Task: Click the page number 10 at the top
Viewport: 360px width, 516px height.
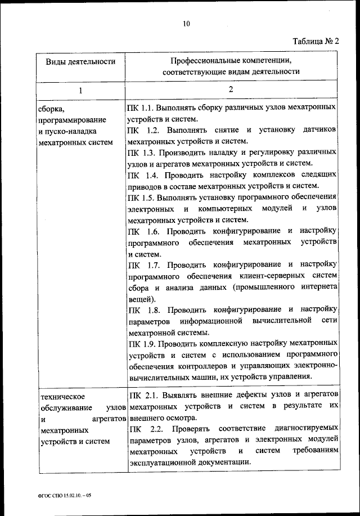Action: click(187, 23)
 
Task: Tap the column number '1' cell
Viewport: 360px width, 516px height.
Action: click(80, 90)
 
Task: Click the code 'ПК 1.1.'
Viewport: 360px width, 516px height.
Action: click(141, 107)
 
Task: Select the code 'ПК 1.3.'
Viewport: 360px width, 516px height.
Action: click(141, 152)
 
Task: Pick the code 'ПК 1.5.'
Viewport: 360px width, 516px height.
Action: click(141, 197)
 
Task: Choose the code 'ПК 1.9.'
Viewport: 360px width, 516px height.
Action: click(141, 343)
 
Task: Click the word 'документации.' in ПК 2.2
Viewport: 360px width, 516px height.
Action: click(226, 462)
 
